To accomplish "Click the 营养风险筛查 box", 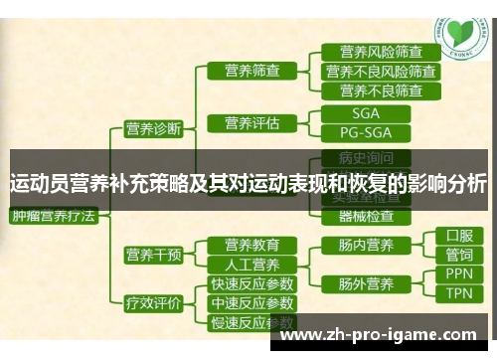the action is click(x=381, y=52).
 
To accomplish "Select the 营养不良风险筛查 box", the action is click(x=381, y=71).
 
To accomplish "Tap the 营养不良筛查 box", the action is click(x=381, y=90).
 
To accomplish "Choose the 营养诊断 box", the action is click(x=151, y=127).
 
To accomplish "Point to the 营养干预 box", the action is click(x=151, y=254).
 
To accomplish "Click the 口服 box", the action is click(x=458, y=236).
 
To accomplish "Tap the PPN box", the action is click(x=458, y=272).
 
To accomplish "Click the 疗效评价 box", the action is click(x=151, y=302).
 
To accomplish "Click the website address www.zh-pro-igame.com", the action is click(x=387, y=334).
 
